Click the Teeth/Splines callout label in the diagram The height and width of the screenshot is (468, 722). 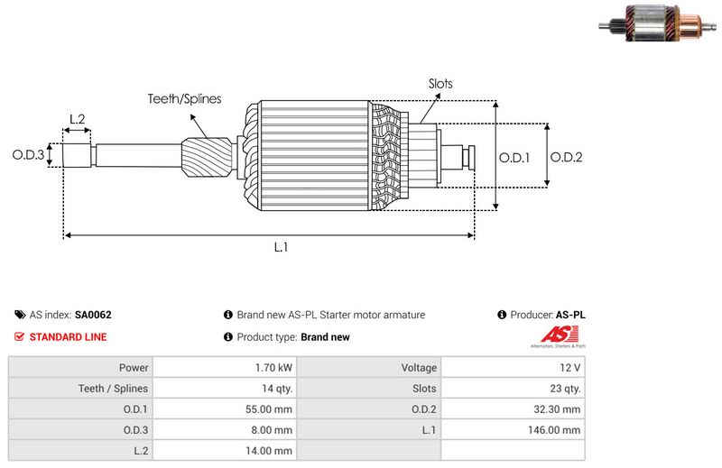185,99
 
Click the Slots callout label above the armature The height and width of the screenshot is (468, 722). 440,84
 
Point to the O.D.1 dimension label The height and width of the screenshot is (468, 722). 514,157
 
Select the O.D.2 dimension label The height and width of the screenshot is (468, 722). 567,157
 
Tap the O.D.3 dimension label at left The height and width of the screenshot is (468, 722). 28,154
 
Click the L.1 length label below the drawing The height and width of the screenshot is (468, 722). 281,247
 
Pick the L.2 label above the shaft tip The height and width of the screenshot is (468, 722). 77,119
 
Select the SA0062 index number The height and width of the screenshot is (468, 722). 93,316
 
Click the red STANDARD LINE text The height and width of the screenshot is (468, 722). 68,337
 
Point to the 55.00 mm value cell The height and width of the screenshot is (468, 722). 270,409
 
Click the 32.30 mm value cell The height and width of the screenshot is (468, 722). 560,409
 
